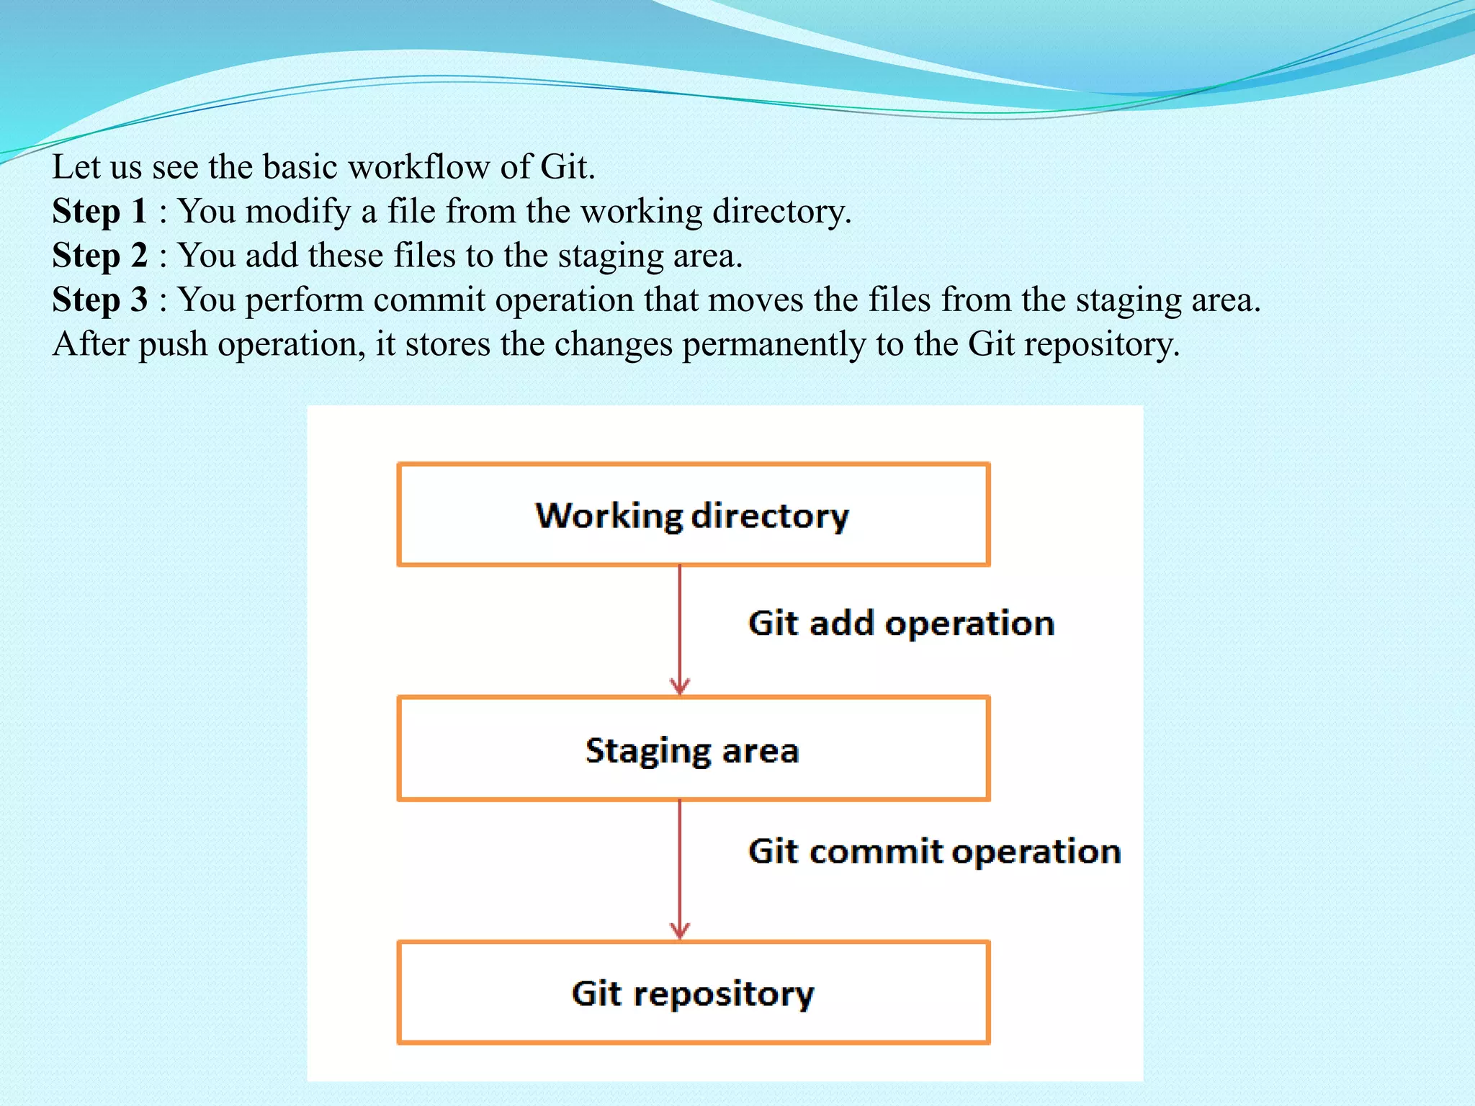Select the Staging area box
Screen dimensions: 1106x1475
click(693, 749)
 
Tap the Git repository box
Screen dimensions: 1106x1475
click(693, 992)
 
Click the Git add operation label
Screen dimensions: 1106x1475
click(901, 623)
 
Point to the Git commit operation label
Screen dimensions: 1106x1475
click(934, 851)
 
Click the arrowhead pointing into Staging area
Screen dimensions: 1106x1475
click(680, 685)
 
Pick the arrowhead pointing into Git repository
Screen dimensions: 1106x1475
click(680, 930)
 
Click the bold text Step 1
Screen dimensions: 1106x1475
click(99, 211)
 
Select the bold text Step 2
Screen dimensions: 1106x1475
click(99, 256)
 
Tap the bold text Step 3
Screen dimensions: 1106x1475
click(99, 300)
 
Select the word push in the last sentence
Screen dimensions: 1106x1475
click(173, 344)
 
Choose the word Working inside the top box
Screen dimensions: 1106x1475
click(609, 516)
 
